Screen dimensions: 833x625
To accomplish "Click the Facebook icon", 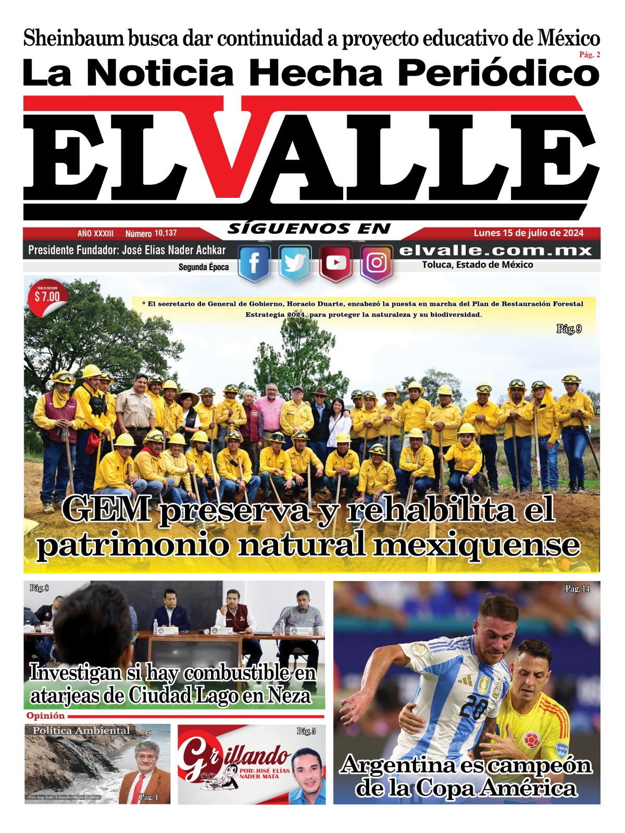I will [254, 263].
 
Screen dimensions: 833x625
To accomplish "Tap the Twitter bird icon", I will [295, 263].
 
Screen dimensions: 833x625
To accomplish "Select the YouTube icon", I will [336, 263].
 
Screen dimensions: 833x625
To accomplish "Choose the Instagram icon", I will [377, 263].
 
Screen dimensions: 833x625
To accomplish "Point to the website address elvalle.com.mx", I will [495, 250].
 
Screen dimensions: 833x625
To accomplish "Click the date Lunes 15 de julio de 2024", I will [528, 233].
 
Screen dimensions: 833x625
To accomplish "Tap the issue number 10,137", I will [166, 233].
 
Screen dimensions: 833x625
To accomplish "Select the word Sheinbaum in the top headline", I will [73, 39].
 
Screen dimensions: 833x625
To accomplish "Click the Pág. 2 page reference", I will [589, 55].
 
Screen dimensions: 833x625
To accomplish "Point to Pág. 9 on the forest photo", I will [569, 329].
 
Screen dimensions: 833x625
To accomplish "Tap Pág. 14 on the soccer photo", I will [578, 589].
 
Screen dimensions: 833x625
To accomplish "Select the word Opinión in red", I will [45, 716].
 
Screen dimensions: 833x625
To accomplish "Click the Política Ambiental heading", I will [81, 730].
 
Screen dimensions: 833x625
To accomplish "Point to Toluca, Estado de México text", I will [477, 265].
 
